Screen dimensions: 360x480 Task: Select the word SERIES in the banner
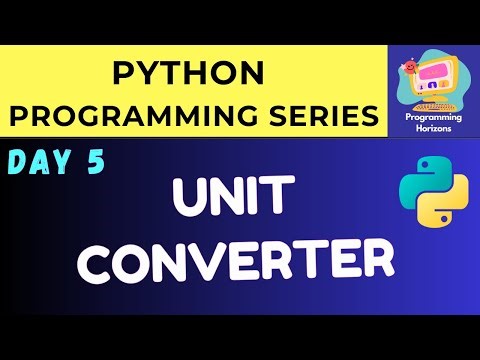point(321,115)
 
